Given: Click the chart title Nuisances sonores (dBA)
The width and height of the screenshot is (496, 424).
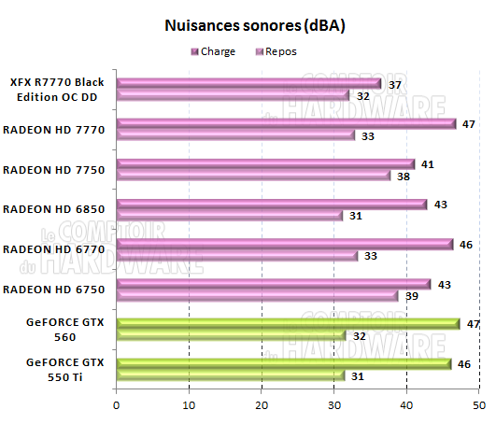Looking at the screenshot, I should [255, 26].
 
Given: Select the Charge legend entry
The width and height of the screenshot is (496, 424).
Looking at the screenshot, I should [216, 52].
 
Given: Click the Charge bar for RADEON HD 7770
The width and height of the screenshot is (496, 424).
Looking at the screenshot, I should [286, 123].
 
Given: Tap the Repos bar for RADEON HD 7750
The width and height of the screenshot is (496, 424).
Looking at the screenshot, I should [253, 176].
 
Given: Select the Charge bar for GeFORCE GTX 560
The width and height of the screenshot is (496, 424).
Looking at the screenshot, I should [286, 324].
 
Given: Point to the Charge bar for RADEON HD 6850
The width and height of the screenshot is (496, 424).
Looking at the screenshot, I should [272, 204].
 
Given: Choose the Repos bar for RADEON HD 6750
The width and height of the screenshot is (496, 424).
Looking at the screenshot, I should [257, 295].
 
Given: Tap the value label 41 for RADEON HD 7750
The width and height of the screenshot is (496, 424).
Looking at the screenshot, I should [428, 164].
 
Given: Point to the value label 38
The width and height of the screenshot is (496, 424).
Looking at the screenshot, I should [404, 176].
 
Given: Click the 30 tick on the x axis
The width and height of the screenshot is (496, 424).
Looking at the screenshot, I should [334, 404].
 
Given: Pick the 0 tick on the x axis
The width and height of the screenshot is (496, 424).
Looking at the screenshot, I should [116, 404].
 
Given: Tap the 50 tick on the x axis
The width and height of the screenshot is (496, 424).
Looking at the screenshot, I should [479, 404].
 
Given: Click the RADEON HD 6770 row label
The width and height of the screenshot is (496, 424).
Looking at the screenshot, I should [59, 249].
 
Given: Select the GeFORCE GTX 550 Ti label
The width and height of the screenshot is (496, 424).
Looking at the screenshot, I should [59, 369].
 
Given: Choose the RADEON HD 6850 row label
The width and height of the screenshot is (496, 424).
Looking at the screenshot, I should [59, 209].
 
